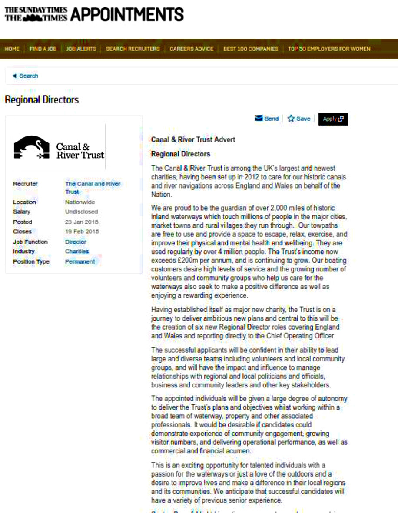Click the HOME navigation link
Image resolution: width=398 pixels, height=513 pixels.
click(12, 49)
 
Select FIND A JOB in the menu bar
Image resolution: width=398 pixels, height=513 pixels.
click(43, 49)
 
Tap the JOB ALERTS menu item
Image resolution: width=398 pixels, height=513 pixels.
click(81, 49)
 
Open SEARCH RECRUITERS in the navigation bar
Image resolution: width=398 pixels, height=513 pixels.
click(133, 49)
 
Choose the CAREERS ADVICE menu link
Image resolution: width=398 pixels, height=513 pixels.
click(192, 49)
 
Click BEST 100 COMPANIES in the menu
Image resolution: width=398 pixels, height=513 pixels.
click(251, 49)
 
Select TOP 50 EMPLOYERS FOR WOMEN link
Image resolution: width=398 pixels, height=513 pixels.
click(329, 49)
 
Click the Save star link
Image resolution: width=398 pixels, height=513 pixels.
click(299, 119)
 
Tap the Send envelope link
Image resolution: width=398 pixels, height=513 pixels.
click(267, 119)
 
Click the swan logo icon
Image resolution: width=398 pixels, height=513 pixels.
click(32, 147)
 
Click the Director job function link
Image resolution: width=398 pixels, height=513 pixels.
click(76, 242)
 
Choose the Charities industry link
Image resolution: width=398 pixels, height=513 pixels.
click(77, 252)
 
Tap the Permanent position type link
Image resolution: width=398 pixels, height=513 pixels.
click(80, 262)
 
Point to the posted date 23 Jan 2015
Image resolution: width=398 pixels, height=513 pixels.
click(82, 222)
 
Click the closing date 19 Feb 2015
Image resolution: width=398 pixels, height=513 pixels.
click(82, 232)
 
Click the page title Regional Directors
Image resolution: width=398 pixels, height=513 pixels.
click(42, 100)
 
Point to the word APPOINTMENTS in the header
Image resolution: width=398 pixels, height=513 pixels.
click(127, 15)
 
